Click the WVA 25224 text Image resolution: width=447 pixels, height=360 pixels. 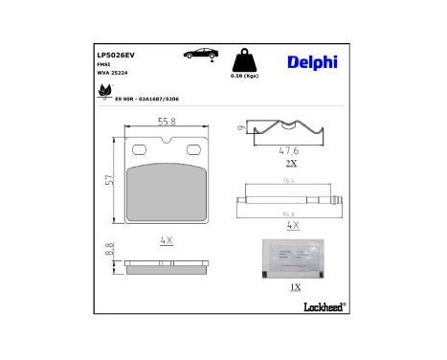pos(115,74)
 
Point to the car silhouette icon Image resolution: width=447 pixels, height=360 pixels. pos(201,55)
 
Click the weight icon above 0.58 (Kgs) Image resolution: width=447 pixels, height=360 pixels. pos(244,59)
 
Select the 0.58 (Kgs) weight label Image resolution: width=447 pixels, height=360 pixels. pos(244,76)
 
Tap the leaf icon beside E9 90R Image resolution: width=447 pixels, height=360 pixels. pos(103,93)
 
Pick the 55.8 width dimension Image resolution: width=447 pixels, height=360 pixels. pos(167,121)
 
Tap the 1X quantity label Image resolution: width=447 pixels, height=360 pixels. pos(294,286)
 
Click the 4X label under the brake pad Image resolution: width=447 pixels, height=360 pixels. pos(166,240)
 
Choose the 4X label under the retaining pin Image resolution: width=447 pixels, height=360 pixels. pos(293,225)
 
